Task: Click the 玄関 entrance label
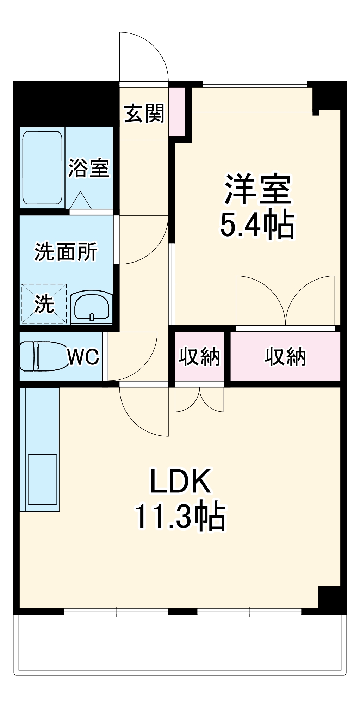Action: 144,114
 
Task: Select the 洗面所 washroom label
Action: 66,252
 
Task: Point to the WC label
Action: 83,357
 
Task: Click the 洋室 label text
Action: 258,189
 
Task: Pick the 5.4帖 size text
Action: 257,225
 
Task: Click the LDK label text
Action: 180,481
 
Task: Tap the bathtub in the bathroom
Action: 42,167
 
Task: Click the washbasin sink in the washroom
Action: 92,307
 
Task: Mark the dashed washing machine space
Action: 44,304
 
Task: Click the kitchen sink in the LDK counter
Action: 42,479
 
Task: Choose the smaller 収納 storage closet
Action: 199,356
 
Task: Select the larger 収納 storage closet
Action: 285,356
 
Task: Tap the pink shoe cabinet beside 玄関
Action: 177,112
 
